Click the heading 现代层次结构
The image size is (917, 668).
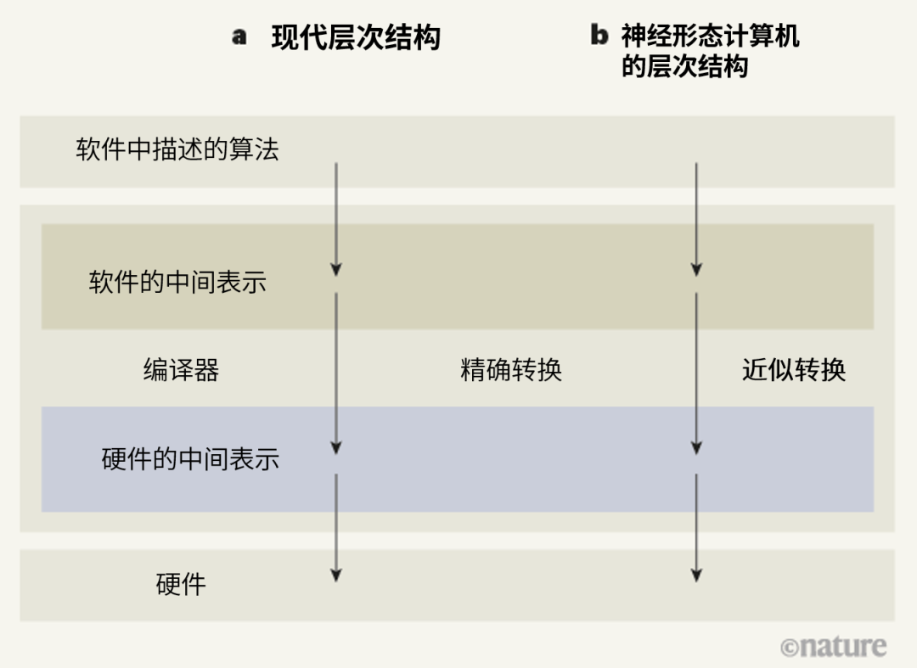356,38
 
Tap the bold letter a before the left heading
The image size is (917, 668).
239,37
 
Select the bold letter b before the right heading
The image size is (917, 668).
599,36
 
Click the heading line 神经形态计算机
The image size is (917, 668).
710,36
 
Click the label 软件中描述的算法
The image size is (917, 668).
177,150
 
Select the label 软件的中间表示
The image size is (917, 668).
177,282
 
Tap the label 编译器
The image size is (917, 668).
181,370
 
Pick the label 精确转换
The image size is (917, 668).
511,370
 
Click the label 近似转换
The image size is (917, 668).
794,370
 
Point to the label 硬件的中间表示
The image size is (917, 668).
190,459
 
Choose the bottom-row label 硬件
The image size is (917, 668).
181,584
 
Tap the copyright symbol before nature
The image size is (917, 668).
790,648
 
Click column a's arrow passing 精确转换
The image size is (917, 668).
336,373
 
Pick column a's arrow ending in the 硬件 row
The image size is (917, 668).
336,527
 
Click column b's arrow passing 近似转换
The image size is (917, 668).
696,373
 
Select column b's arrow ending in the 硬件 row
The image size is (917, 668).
696,527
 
